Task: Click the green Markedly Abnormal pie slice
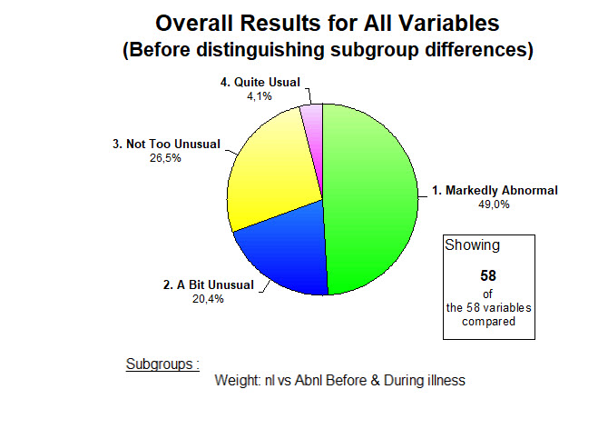[370, 199]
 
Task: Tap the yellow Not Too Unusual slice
[271, 175]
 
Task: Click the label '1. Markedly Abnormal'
[495, 190]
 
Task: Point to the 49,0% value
[494, 205]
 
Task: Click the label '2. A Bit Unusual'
[208, 284]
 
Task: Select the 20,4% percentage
[208, 299]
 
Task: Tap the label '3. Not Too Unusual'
[166, 145]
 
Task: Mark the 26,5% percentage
[165, 158]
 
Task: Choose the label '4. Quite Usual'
[260, 83]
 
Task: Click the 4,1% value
[260, 96]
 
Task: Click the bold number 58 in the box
[488, 275]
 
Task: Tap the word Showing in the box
[472, 245]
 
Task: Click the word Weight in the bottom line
[238, 380]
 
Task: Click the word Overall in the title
[195, 23]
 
